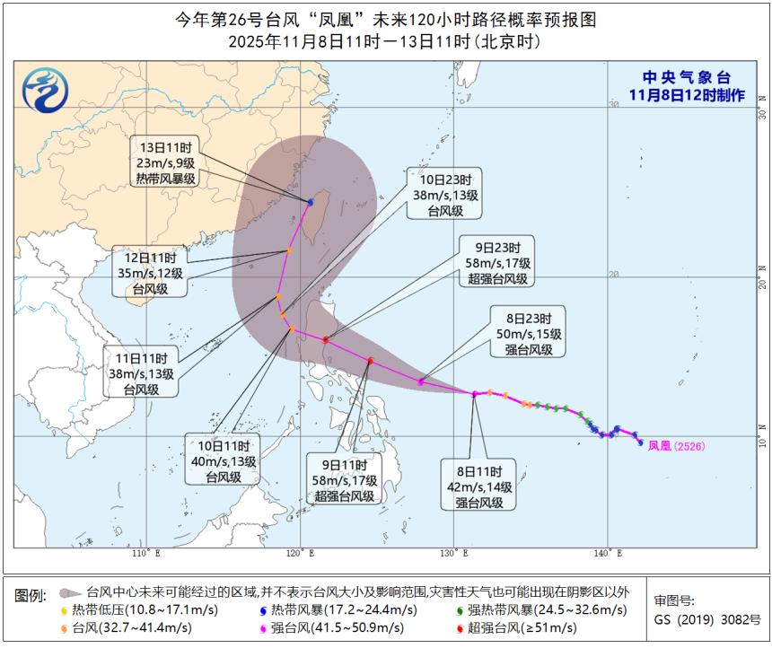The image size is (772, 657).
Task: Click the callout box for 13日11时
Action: point(167,162)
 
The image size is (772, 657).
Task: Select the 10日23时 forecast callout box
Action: point(444,194)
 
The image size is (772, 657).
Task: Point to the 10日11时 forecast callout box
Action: point(223,460)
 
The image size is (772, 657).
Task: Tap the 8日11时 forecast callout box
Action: point(478,486)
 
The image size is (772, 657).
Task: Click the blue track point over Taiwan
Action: point(311,202)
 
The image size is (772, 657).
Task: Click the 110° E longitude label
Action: point(145,552)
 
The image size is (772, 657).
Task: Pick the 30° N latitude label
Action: point(762,104)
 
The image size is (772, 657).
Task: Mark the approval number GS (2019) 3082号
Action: point(707,619)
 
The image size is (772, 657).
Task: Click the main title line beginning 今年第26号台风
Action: point(385,20)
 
